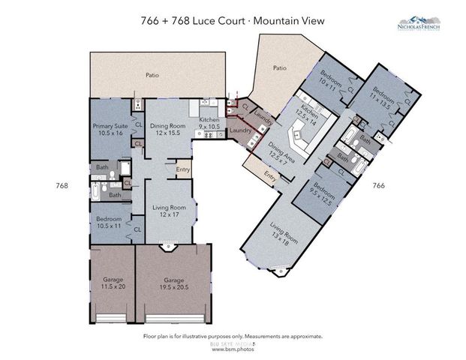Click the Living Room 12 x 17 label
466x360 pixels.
[x=169, y=211]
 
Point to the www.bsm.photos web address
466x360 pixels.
[x=231, y=349]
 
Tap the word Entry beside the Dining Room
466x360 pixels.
[x=183, y=169]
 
